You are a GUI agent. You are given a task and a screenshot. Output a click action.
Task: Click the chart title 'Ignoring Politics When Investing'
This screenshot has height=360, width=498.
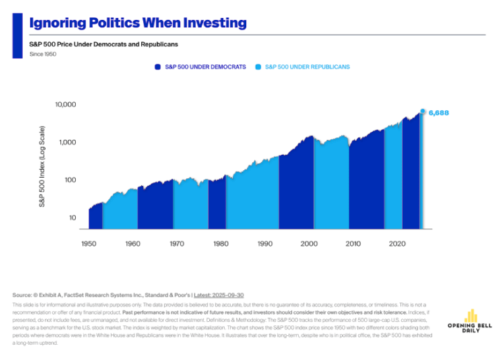pyautogui.click(x=137, y=23)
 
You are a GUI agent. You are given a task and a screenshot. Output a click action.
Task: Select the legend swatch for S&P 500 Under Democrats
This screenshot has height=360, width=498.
pyautogui.click(x=157, y=67)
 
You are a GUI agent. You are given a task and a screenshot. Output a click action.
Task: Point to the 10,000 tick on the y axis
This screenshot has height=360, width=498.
pyautogui.click(x=66, y=105)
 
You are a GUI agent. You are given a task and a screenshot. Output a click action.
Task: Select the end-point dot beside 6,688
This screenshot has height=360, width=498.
pyautogui.click(x=423, y=111)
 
